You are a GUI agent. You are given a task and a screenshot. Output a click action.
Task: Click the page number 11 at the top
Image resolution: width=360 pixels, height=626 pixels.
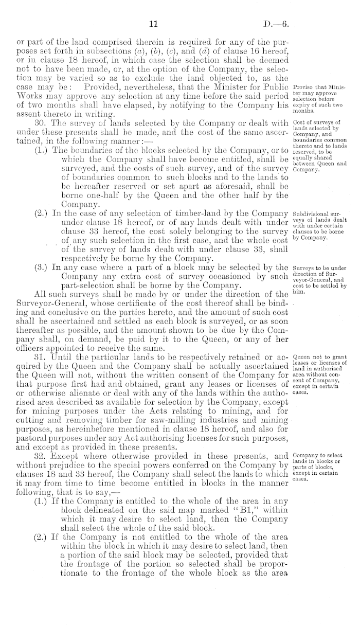152,23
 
